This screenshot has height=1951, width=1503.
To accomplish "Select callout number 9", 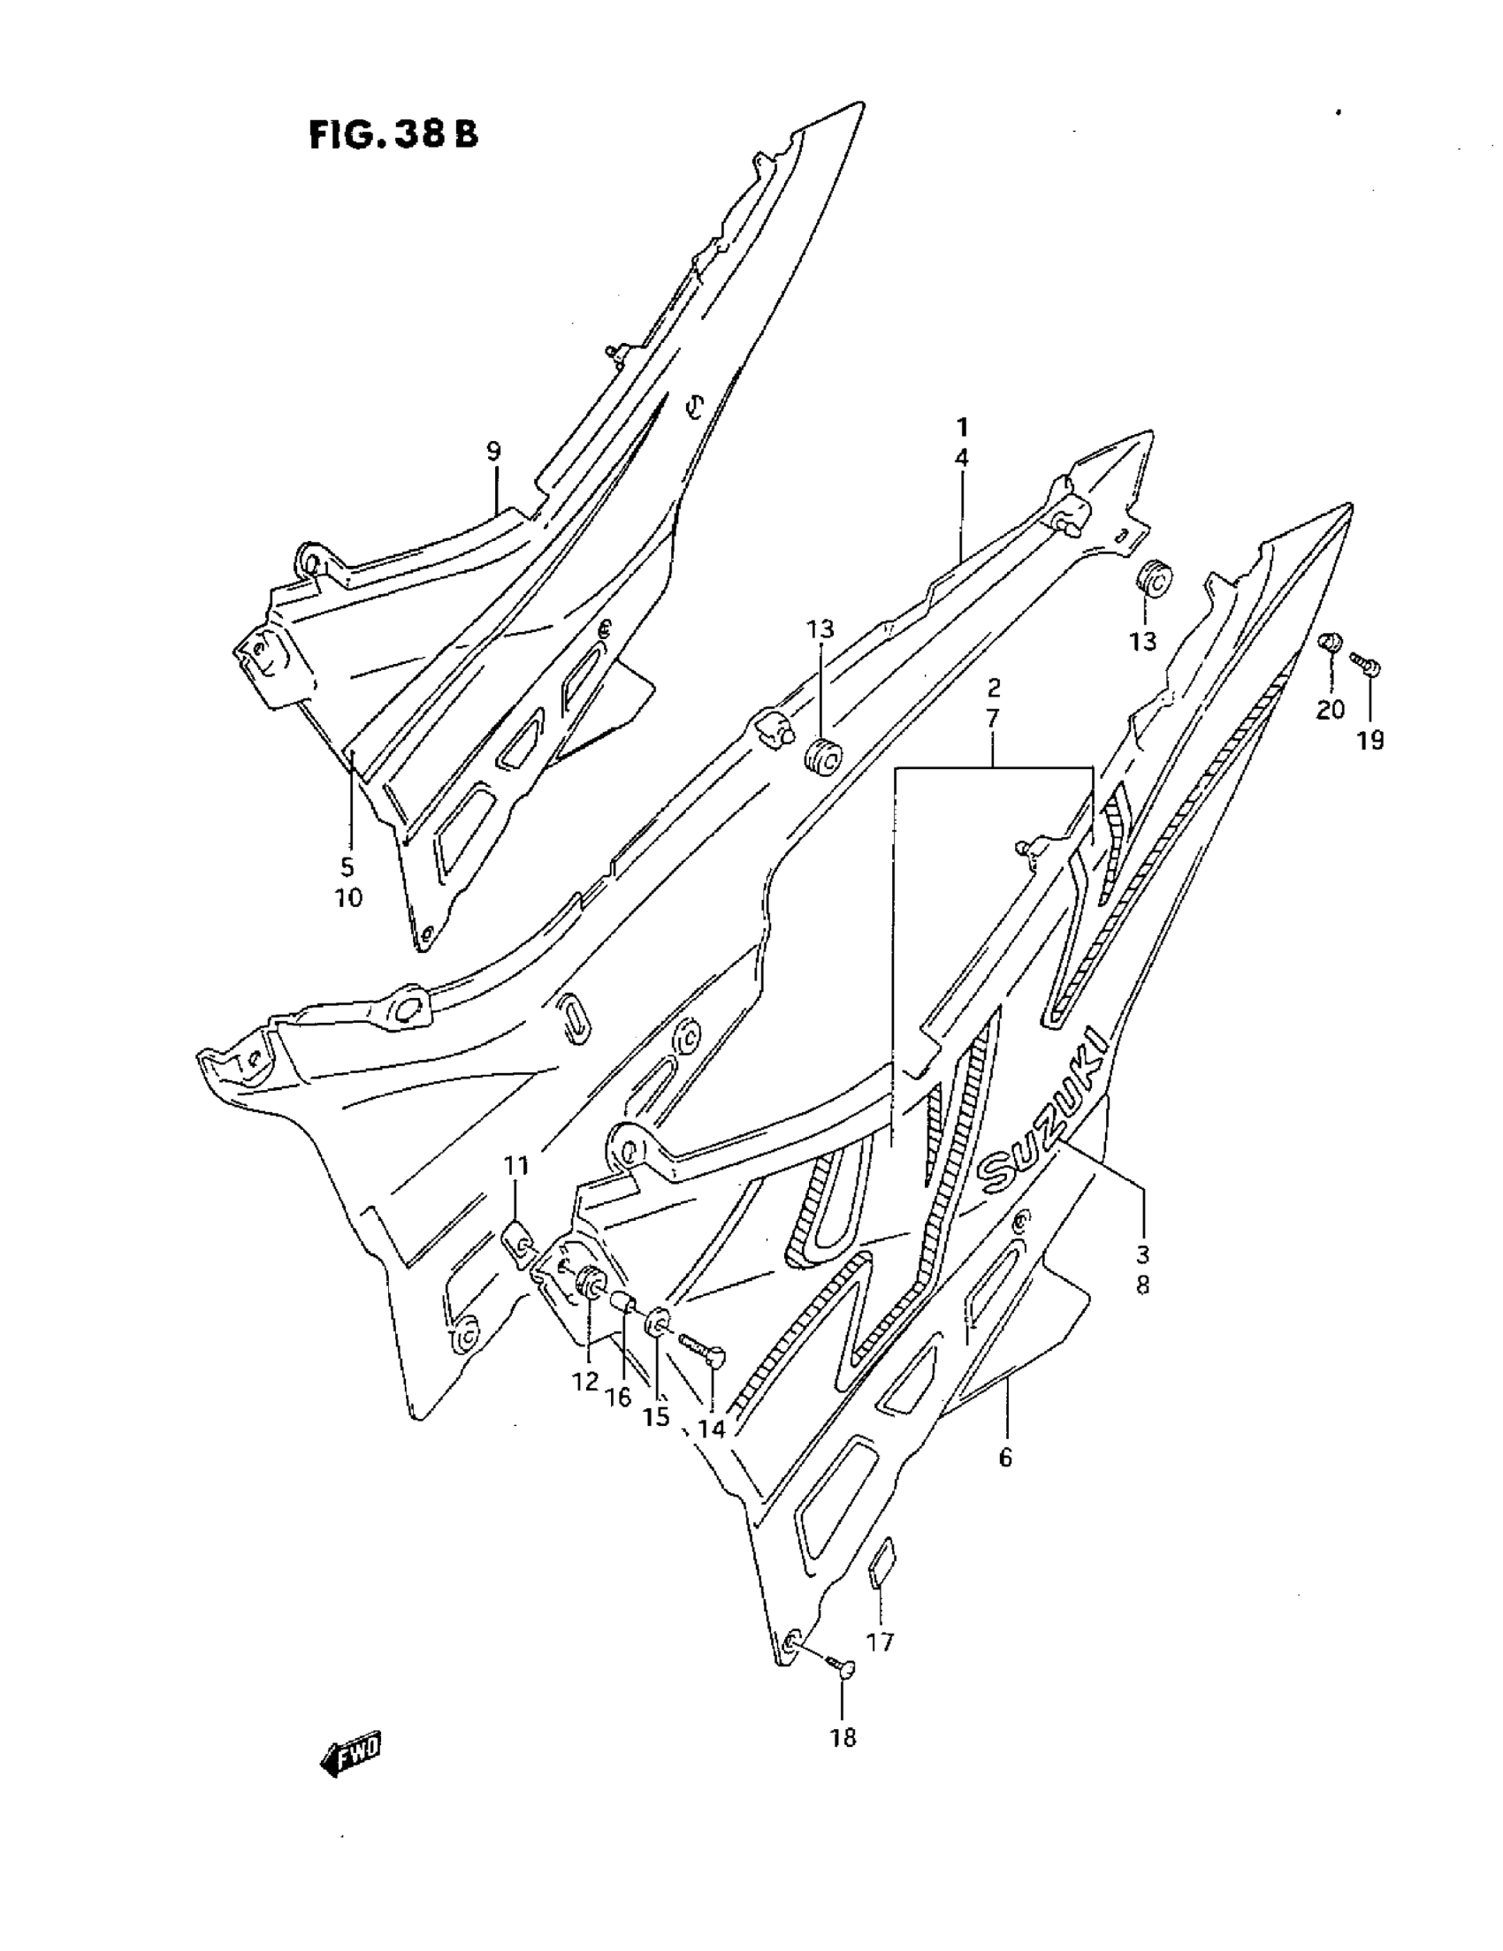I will [494, 451].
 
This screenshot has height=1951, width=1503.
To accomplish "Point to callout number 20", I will [1330, 709].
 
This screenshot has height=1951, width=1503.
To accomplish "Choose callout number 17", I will [881, 1642].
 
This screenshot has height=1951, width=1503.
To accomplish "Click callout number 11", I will [516, 1166].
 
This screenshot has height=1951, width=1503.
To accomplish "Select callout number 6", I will [1005, 1459].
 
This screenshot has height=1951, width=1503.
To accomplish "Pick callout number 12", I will [585, 1382].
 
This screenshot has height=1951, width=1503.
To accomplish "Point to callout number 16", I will [618, 1396].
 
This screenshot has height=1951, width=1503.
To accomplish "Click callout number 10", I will [348, 898].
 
